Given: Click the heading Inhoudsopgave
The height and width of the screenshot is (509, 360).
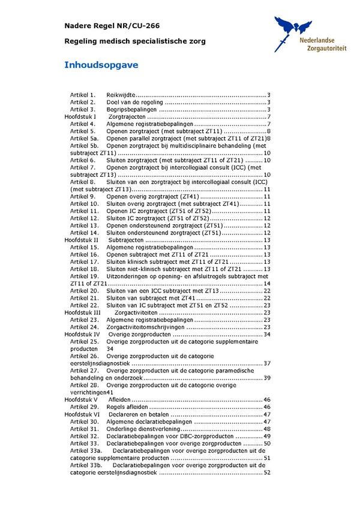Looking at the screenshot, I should pyautogui.click(x=101, y=65).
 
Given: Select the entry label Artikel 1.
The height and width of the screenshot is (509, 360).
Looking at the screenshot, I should pyautogui.click(x=83, y=95).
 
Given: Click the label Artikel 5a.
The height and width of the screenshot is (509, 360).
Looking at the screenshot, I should pyautogui.click(x=84, y=138).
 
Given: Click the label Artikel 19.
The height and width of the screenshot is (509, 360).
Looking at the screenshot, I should pyautogui.click(x=84, y=276).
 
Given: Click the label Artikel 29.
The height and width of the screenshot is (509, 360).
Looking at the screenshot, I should pyautogui.click(x=84, y=407).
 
